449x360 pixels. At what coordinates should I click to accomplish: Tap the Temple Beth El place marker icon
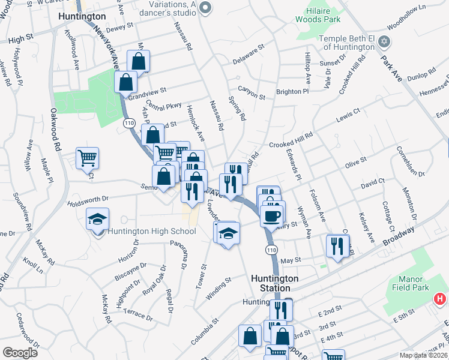click(x=385, y=42)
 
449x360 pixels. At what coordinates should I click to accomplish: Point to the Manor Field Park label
click(x=415, y=284)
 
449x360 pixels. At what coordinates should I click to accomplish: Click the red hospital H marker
click(x=441, y=298)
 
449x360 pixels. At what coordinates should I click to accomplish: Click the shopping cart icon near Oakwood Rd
click(x=88, y=158)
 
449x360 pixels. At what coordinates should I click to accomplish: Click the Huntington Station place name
click(x=274, y=283)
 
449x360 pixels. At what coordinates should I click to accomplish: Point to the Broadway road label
click(x=400, y=232)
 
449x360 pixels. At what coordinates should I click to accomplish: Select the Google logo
click(x=20, y=353)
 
